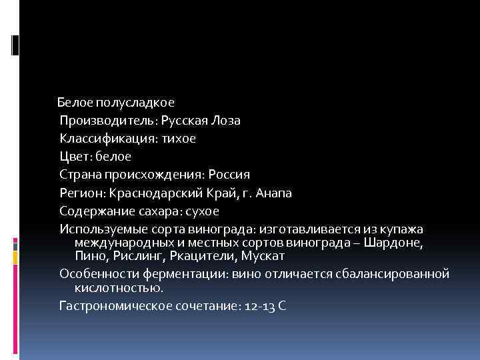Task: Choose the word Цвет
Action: coord(74,157)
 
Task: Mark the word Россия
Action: coord(229,175)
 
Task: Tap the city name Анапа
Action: coord(272,193)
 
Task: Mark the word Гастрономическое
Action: coord(115,306)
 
